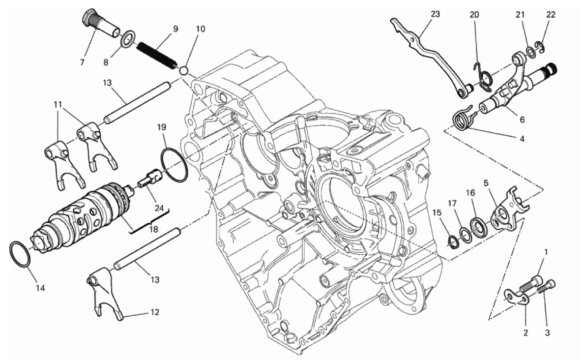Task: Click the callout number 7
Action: pos(82,62)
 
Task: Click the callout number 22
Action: pos(551,15)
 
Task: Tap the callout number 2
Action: pos(525,333)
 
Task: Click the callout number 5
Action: pos(486,183)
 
